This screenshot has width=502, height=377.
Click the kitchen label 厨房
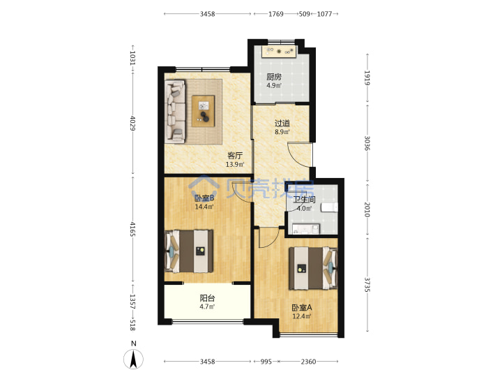point(274,77)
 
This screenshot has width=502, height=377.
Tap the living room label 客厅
point(235,156)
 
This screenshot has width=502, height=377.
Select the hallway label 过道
point(282,123)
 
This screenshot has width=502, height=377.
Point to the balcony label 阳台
point(207,298)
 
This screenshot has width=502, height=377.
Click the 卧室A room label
point(302,308)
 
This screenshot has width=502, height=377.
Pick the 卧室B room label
point(204,198)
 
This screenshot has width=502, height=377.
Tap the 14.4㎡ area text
point(204,207)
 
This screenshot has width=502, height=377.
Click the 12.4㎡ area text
point(302,316)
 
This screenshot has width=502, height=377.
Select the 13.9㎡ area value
point(235,165)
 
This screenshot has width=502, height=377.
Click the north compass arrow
point(133,359)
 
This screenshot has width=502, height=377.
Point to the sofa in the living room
point(175,111)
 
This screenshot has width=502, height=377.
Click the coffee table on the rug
point(204,111)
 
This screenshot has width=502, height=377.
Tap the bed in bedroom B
point(189,251)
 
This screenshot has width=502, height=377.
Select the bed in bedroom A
point(314,268)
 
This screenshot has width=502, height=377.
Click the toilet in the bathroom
point(329,207)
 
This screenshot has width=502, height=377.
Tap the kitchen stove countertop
point(279,51)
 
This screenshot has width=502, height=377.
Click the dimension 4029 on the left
point(132,124)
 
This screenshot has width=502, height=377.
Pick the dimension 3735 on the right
point(367,285)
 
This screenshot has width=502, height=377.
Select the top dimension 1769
point(276,14)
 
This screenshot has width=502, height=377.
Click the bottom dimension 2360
point(308,362)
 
